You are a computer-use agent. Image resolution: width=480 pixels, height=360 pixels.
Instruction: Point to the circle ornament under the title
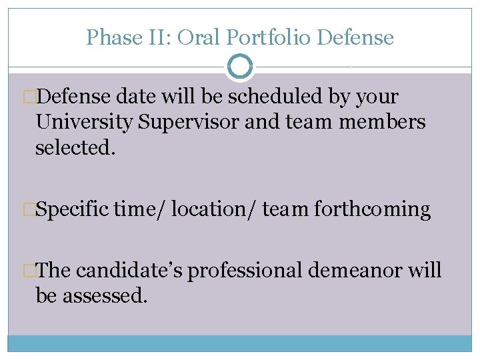[240, 67]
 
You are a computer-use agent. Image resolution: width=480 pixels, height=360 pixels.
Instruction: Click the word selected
[75, 147]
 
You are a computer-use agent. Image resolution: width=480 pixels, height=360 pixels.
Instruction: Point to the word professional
[245, 271]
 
